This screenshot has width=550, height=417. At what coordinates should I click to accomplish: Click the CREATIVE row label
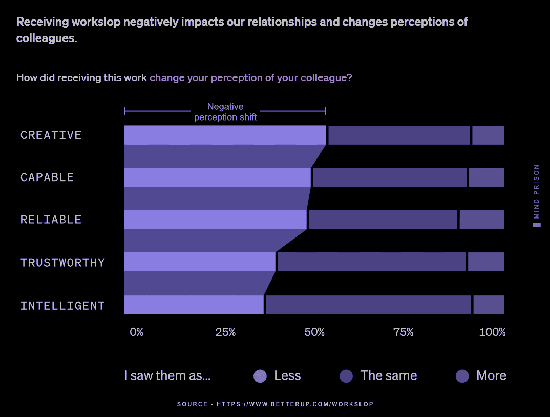51,135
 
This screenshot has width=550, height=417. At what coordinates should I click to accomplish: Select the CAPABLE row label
47,177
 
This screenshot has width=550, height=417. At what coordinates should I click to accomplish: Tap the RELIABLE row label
51,220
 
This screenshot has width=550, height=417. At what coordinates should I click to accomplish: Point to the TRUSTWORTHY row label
62,263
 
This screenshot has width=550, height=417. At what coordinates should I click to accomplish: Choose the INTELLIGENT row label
62,306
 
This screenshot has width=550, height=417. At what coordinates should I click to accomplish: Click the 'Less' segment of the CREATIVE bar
225,135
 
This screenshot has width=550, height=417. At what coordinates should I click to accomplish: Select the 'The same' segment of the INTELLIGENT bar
368,305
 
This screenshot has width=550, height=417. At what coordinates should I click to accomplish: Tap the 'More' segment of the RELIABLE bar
481,220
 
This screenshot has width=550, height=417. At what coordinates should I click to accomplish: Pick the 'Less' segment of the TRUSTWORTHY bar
200,262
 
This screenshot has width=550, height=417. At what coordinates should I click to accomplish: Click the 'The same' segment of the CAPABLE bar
389,177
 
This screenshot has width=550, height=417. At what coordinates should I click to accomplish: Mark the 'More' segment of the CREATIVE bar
488,135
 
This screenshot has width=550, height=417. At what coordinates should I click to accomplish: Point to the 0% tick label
136,332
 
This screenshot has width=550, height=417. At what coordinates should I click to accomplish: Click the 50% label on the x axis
314,332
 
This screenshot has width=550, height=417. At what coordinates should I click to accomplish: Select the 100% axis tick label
492,332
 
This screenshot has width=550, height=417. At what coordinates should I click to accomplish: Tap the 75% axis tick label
403,332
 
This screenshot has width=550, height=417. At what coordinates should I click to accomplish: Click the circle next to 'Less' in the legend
260,376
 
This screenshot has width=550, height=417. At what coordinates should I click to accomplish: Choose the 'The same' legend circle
346,376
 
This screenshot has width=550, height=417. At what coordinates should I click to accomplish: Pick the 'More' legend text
491,375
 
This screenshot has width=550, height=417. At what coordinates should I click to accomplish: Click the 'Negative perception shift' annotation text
225,112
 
